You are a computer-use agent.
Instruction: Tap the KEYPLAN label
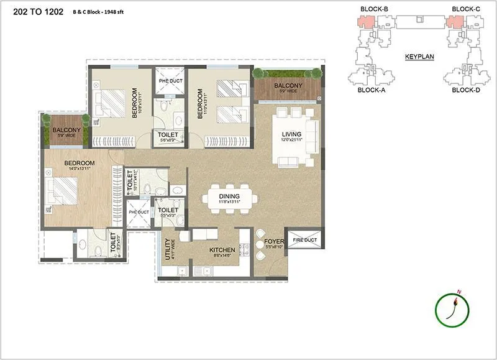click(x=419, y=56)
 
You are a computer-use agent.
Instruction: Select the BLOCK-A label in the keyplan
click(x=372, y=90)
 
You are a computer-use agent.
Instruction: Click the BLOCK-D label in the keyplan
click(x=465, y=90)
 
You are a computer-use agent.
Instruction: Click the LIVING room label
click(x=291, y=134)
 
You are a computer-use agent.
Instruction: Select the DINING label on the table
click(x=229, y=195)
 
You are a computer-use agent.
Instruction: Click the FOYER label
click(x=274, y=241)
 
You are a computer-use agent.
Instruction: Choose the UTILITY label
click(x=166, y=247)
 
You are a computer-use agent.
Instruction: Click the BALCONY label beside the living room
click(x=288, y=86)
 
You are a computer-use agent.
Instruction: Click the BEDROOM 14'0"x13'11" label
click(x=79, y=164)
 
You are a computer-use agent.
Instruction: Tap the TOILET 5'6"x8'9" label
click(x=168, y=134)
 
